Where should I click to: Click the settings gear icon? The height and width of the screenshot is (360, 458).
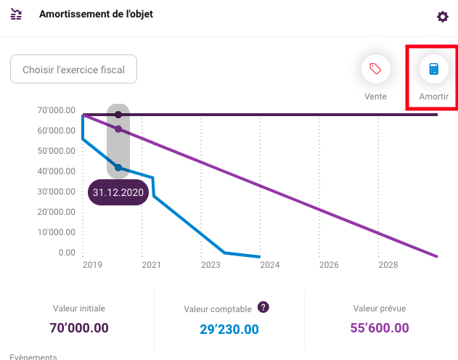pyautogui.click(x=443, y=17)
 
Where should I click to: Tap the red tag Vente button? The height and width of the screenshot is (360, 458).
pyautogui.click(x=376, y=69)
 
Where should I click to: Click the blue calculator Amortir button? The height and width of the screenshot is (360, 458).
pyautogui.click(x=434, y=69)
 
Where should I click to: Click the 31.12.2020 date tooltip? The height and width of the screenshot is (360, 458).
pyautogui.click(x=118, y=192)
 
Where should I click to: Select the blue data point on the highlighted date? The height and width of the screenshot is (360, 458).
pyautogui.click(x=118, y=168)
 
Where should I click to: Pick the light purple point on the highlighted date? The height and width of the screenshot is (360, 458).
pyautogui.click(x=118, y=129)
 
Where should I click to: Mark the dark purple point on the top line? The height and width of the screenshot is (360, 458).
pyautogui.click(x=118, y=115)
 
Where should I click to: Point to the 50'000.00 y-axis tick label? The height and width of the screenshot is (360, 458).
pyautogui.click(x=57, y=151)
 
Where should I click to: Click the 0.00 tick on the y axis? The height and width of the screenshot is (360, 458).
pyautogui.click(x=67, y=253)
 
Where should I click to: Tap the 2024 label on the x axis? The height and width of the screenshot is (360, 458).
pyautogui.click(x=270, y=265)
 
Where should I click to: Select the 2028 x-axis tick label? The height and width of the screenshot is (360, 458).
pyautogui.click(x=388, y=265)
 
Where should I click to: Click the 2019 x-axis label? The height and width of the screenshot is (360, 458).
pyautogui.click(x=92, y=265)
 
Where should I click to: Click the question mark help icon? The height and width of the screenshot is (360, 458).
pyautogui.click(x=263, y=307)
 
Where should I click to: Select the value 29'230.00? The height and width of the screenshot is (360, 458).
pyautogui.click(x=229, y=330)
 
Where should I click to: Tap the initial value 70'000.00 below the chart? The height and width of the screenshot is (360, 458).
pyautogui.click(x=79, y=328)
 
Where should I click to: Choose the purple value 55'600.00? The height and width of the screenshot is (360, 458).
pyautogui.click(x=380, y=328)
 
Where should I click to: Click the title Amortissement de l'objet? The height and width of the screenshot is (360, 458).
pyautogui.click(x=96, y=14)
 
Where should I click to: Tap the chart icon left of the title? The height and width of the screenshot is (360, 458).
pyautogui.click(x=16, y=14)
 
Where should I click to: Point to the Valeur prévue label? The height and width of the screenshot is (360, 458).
pyautogui.click(x=380, y=308)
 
